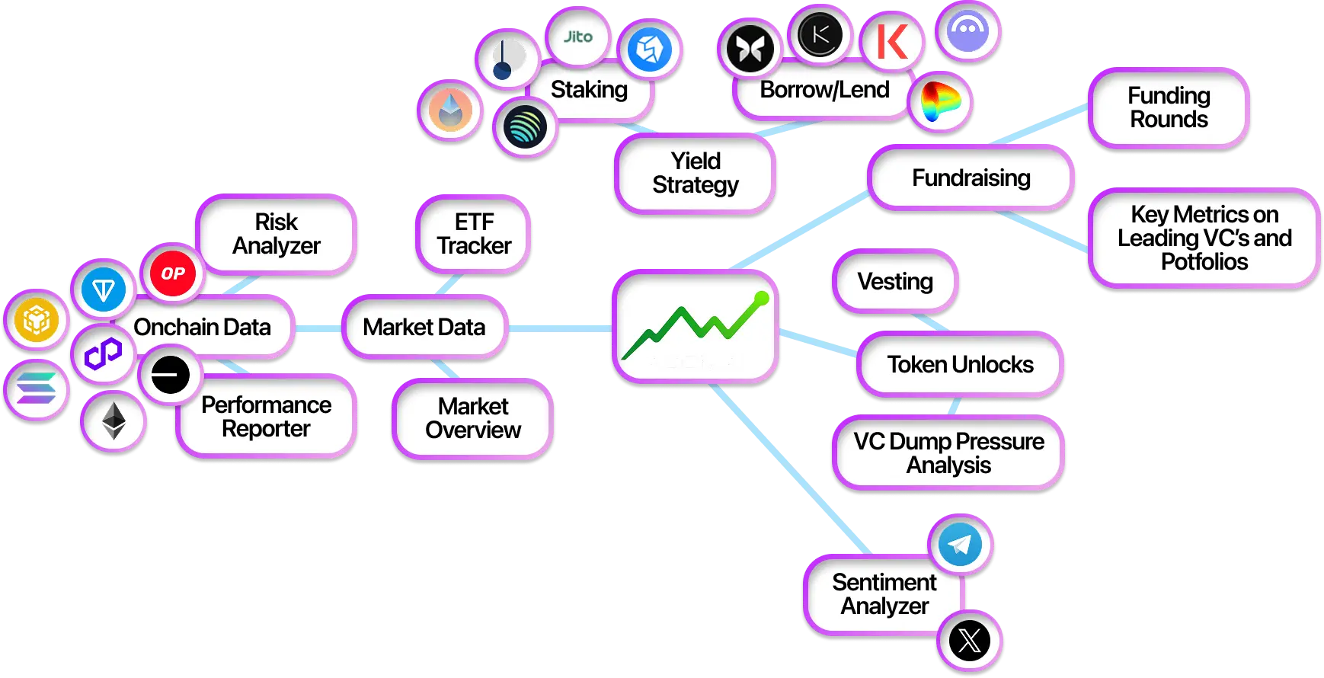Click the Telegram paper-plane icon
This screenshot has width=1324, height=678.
[960, 544]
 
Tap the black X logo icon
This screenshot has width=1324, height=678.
[969, 641]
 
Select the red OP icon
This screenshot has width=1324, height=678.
[172, 273]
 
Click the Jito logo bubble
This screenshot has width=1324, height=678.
[578, 37]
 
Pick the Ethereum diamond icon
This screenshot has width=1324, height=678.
[114, 421]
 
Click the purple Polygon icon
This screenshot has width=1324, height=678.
[103, 353]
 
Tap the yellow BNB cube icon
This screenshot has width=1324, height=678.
[37, 319]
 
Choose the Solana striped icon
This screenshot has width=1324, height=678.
[37, 389]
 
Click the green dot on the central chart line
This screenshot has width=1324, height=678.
[761, 299]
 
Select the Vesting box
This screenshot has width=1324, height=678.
[895, 282]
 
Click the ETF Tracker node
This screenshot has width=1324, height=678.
[474, 234]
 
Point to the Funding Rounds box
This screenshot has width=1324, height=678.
[1169, 107]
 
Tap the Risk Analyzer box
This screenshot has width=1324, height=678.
[277, 234]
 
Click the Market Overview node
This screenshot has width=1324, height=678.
[473, 418]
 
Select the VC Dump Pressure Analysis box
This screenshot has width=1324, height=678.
[948, 453]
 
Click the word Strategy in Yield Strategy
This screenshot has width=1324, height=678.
[696, 185]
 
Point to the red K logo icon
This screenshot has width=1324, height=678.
[891, 42]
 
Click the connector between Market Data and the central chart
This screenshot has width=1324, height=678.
[560, 328]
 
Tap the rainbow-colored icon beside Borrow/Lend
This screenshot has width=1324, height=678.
[941, 102]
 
